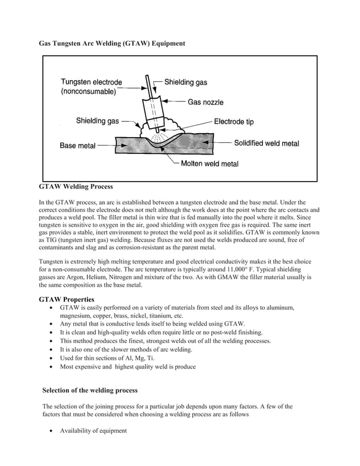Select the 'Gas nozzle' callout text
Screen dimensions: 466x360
[x=205, y=102]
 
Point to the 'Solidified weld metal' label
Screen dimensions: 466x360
[x=266, y=143]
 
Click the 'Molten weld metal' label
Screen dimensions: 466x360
[x=209, y=164]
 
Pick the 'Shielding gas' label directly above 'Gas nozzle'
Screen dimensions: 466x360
[x=186, y=82]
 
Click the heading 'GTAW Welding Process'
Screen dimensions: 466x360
[x=76, y=186]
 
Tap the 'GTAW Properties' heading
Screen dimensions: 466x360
[x=66, y=299]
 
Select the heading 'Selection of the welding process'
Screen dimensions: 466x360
[x=90, y=390]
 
